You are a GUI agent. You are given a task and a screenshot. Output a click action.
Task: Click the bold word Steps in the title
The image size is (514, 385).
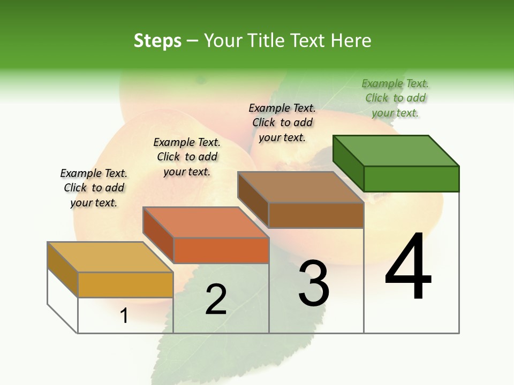pos(157,41)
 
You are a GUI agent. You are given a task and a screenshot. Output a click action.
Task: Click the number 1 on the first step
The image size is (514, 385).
pos(124,316)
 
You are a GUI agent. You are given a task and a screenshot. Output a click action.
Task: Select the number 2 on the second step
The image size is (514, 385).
pos(216,299)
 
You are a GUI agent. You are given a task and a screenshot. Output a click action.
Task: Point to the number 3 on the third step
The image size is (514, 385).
pos(314,283)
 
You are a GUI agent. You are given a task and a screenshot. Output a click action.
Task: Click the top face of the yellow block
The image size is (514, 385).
pos(110,257)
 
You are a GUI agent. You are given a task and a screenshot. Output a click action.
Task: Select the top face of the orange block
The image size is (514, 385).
pos(205,222)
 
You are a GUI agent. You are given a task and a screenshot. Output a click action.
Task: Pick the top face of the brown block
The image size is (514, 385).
pos(300,187)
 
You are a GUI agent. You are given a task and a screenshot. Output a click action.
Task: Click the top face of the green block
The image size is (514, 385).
pos(396,151)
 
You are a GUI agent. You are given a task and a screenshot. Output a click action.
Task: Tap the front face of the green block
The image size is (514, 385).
pos(411,179)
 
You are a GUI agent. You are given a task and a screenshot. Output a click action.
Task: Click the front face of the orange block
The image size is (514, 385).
pos(221,250)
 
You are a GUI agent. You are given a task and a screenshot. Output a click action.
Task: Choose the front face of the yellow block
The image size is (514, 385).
pos(125,284)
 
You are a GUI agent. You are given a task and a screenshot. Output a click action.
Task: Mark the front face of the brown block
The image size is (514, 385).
pos(316,215)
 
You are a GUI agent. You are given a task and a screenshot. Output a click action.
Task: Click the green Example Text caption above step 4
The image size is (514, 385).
pos(395,98)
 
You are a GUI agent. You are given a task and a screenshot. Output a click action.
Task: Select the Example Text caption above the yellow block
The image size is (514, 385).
pos(94,188)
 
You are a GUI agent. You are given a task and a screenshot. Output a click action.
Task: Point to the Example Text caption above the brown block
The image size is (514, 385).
pos(282,122)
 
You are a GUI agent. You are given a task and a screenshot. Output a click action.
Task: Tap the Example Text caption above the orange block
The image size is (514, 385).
pos(187,157)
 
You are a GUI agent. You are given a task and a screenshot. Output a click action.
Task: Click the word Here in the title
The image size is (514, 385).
pos(351,41)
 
